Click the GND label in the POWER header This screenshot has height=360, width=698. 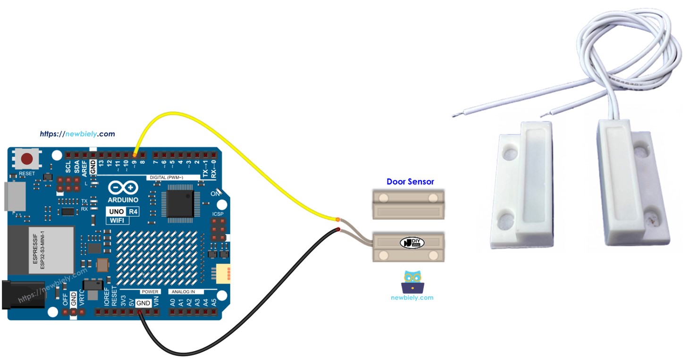click(143, 303)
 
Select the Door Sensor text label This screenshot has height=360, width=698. click(410, 182)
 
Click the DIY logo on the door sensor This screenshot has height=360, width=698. click(412, 243)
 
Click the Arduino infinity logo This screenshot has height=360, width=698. click(123, 188)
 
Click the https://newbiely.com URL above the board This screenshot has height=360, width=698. click(77, 134)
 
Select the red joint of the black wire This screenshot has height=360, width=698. click(338, 230)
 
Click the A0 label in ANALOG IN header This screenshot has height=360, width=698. click(173, 302)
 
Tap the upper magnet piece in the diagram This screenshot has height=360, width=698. click(408, 204)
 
